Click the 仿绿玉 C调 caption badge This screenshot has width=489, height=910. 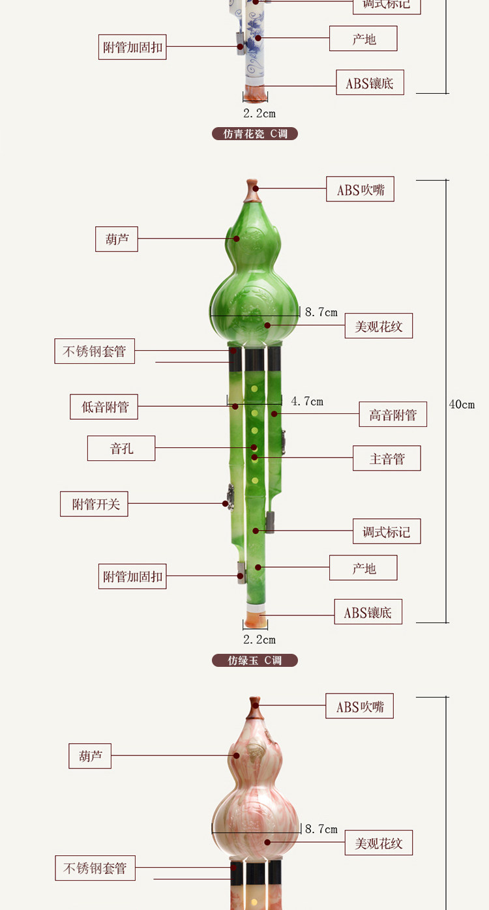254,660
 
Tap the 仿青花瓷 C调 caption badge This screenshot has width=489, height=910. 254,134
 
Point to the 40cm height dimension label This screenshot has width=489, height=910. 462,404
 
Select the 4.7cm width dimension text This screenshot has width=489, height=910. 307,402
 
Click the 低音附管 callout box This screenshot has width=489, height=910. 104,407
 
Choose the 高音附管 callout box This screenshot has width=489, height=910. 393,415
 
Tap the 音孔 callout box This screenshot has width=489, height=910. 121,448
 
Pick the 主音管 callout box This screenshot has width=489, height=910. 387,458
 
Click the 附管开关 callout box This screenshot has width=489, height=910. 94,504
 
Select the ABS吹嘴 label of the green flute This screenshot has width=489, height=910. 360,190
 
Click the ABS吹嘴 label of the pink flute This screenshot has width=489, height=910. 359,706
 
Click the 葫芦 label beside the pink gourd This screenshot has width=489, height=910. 90,756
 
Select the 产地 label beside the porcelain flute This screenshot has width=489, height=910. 363,39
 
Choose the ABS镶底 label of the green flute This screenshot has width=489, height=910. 368,612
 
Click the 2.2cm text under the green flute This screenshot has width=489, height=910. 259,639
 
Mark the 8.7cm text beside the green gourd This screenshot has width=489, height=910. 321,312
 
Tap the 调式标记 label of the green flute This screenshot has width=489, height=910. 387,531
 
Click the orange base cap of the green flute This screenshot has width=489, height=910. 256,619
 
